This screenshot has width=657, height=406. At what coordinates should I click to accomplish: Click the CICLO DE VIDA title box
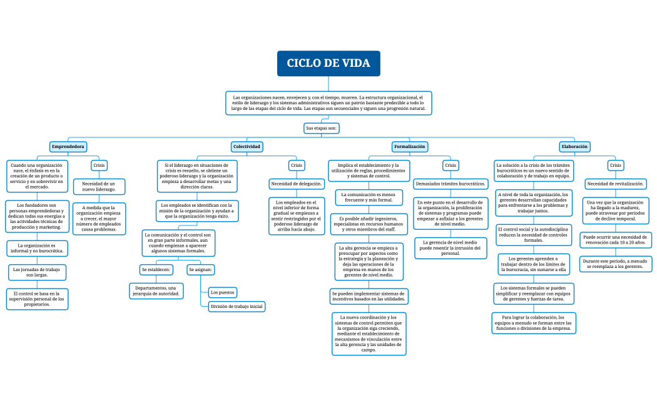coord(328,63)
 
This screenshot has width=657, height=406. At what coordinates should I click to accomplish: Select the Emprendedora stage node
coord(68,147)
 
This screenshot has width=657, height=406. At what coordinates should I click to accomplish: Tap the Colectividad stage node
coord(247,147)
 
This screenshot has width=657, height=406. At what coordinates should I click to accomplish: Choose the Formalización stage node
coord(410,147)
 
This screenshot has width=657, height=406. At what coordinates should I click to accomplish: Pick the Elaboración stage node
coord(574,147)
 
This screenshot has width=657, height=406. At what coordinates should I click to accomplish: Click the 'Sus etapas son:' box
coord(322,128)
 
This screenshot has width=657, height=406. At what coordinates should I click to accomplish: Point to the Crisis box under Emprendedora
coord(99,166)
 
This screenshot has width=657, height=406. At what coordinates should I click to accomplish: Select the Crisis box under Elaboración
coord(616,166)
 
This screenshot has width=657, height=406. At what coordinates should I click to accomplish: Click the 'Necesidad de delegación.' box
coord(297,184)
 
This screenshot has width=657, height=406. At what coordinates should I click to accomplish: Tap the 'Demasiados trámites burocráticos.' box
coord(451,184)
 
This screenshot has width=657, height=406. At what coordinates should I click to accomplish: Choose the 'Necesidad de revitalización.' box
coord(616,184)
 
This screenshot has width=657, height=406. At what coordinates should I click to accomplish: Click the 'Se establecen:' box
coord(156,270)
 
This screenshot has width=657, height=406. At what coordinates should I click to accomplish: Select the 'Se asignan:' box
coord(201,270)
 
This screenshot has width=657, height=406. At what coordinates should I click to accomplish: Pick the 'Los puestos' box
coord(223,292)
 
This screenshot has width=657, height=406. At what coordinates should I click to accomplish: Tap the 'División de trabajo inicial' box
coord(237,307)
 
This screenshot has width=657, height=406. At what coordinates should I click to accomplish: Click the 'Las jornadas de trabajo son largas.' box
coord(37,272)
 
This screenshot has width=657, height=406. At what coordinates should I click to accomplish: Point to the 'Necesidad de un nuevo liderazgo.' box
coord(99,187)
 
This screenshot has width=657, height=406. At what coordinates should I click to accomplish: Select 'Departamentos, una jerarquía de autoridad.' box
coord(156,290)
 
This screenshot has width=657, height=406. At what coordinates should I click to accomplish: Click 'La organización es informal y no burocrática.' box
coord(37,248)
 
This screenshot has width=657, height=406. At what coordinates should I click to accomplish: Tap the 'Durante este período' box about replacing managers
coord(616,264)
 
